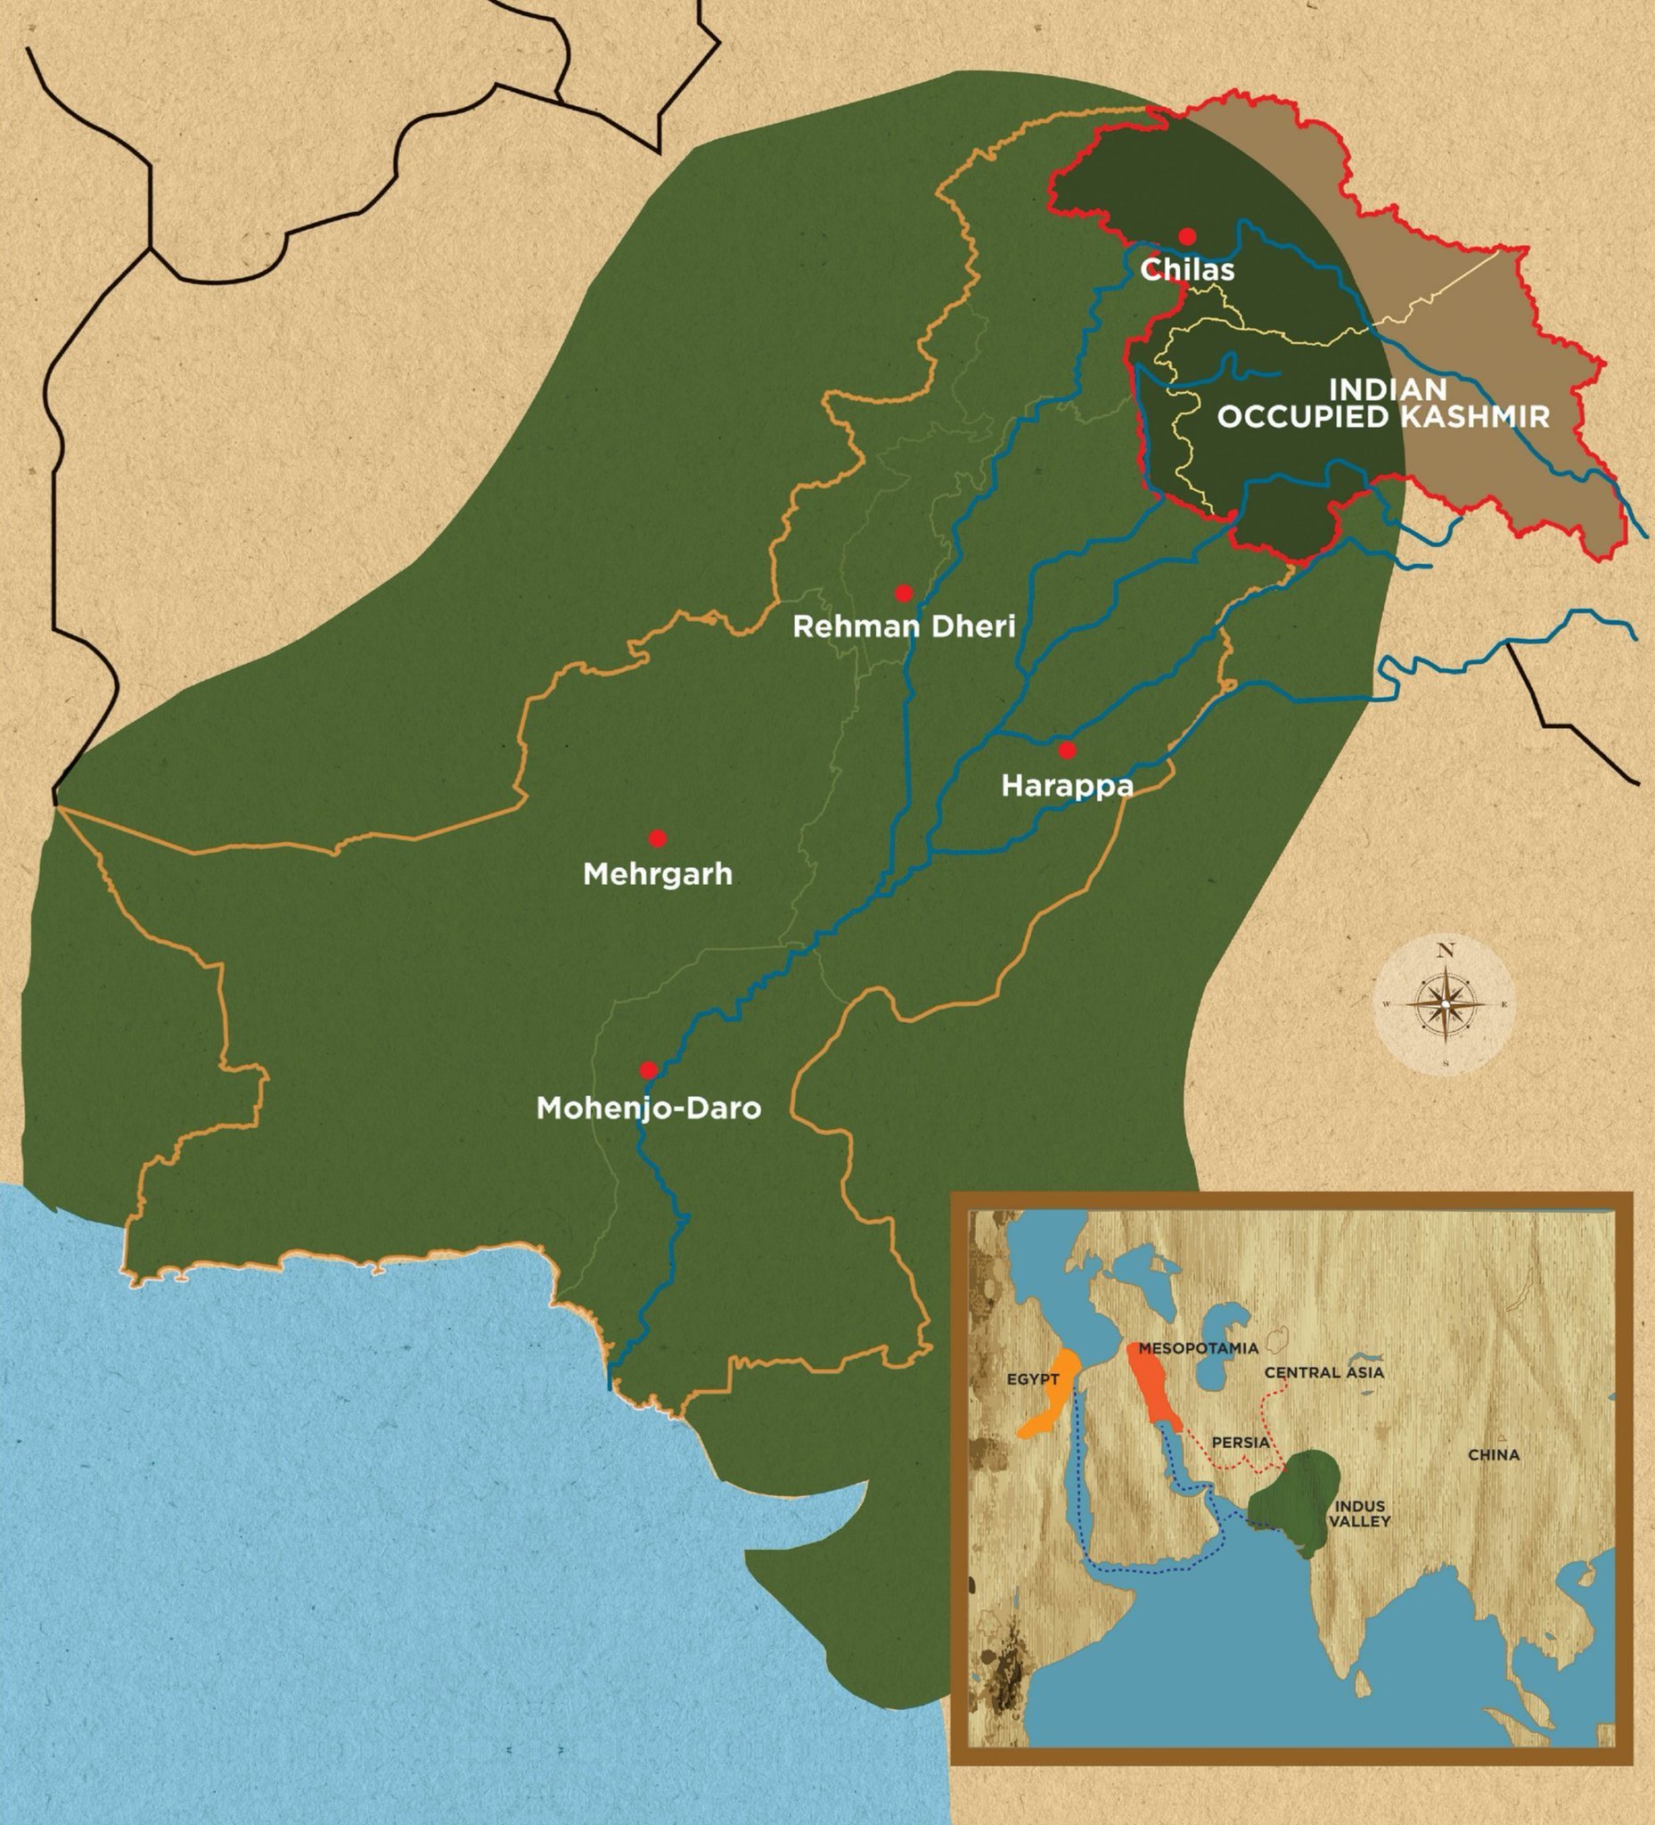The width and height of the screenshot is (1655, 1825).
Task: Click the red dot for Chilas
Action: (1187, 236)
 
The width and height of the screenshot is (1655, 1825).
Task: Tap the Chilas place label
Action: (1187, 270)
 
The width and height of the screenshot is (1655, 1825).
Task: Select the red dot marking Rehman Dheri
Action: (903, 593)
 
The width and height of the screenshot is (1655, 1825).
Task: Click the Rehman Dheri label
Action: (904, 626)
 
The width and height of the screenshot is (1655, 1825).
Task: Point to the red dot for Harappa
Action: (1068, 750)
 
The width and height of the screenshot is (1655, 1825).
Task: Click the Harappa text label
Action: (1067, 785)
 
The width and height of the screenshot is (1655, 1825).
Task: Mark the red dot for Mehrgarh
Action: (659, 839)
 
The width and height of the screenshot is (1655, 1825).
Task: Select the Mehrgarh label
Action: (659, 874)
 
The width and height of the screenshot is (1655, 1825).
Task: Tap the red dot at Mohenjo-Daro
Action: (648, 1070)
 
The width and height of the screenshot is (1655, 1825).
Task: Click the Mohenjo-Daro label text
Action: (648, 1108)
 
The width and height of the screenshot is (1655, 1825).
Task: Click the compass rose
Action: (1444, 1005)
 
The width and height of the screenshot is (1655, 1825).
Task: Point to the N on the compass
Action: (1445, 951)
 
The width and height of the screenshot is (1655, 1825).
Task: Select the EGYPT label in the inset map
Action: (1032, 1405)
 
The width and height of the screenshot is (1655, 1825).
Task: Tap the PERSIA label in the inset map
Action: (1241, 1442)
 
